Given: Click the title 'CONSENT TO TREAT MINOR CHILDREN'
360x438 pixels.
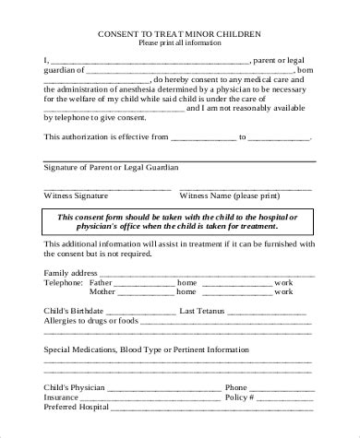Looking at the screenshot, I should pyautogui.click(x=179, y=34).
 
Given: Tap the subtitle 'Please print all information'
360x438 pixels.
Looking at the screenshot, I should pyautogui.click(x=179, y=43).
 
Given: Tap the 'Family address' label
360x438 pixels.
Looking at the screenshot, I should pyautogui.click(x=70, y=274).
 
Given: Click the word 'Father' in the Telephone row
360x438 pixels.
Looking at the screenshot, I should pyautogui.click(x=101, y=283).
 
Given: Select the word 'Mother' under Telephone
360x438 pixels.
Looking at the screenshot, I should pyautogui.click(x=102, y=292).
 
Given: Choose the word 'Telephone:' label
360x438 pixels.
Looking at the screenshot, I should pyautogui.click(x=65, y=283).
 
